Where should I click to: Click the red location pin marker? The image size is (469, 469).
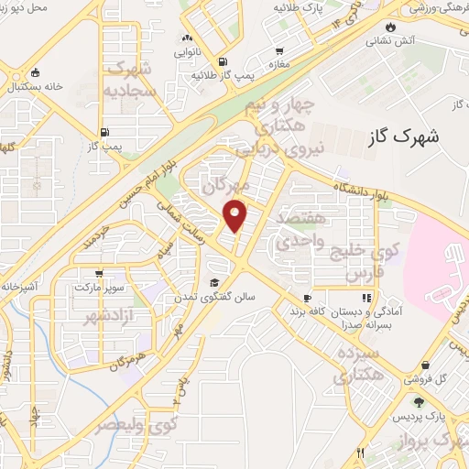pyautogui.click(x=236, y=215)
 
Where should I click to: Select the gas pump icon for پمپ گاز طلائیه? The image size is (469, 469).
pyautogui.click(x=223, y=61)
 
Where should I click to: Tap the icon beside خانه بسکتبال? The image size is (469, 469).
pyautogui.click(x=35, y=72)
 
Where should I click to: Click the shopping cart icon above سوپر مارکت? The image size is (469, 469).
pyautogui.click(x=99, y=273)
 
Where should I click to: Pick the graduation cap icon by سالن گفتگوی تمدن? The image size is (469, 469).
pyautogui.click(x=214, y=282)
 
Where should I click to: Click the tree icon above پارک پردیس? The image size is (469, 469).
pyautogui.click(x=420, y=401)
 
